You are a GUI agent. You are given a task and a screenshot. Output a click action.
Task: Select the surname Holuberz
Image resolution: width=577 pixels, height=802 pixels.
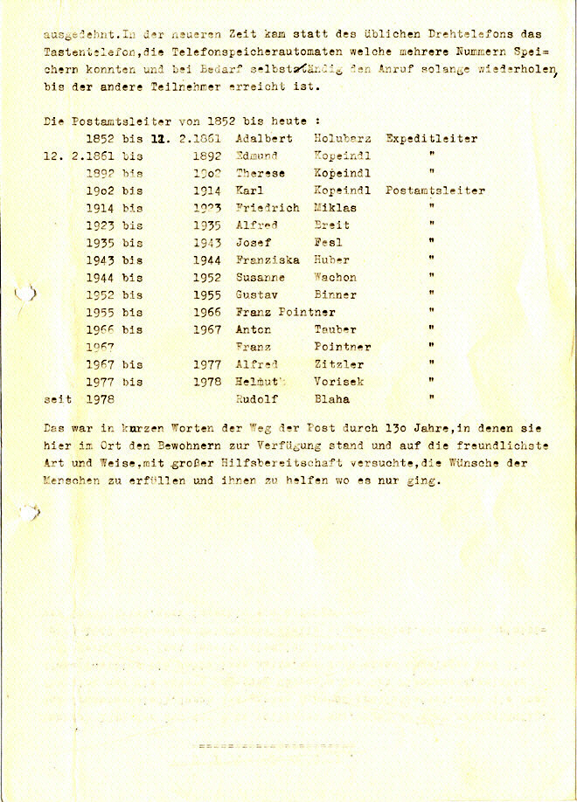343,138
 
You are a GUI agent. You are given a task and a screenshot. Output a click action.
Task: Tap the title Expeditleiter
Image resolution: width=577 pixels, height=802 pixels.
432,138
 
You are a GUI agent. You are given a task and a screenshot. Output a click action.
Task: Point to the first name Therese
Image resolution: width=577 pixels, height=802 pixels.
261,173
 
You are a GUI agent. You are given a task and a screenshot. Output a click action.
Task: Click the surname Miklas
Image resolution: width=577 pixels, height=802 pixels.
331,208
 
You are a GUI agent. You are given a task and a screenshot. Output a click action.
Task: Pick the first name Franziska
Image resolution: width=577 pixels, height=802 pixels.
268,259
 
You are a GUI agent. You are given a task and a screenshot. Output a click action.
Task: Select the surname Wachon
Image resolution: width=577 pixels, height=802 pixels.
336,277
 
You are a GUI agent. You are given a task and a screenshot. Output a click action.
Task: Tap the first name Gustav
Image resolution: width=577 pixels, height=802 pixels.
257,294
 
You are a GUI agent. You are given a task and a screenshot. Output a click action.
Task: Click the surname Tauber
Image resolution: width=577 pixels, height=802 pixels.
336,329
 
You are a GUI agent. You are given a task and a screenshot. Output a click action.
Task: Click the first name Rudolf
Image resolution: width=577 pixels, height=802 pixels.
257,399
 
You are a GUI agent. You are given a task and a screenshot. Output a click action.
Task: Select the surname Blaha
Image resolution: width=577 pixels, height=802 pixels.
331,399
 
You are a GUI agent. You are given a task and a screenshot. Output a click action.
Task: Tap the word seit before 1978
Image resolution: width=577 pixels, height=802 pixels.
58,399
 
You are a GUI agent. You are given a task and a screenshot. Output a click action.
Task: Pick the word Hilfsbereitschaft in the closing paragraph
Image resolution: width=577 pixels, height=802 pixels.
285,464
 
